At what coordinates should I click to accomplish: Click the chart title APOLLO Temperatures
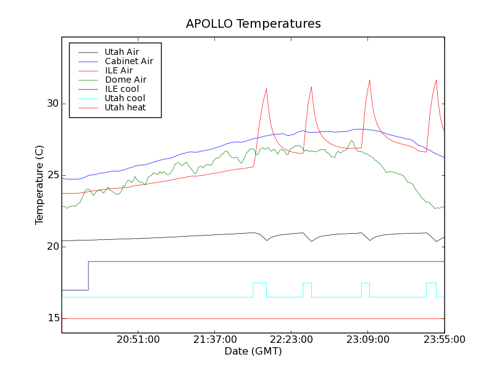tap(253, 24)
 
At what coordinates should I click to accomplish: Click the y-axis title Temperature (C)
tap(40, 185)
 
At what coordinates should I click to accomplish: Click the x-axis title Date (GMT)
tap(253, 351)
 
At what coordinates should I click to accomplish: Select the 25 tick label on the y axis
tap(51, 175)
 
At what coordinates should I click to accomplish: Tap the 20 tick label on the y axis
tap(51, 247)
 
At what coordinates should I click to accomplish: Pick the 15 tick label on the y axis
tap(51, 318)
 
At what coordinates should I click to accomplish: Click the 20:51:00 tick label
tap(138, 340)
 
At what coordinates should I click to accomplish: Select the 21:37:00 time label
tap(215, 340)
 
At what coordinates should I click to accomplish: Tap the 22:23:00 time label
tap(291, 340)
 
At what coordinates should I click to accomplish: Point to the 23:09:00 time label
tap(368, 340)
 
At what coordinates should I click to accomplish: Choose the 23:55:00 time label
tap(445, 340)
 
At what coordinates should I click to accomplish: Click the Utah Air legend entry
tap(122, 52)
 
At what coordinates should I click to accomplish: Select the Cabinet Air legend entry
tap(128, 61)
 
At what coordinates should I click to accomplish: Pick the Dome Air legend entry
tap(125, 80)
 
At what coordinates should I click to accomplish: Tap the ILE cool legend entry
tap(122, 89)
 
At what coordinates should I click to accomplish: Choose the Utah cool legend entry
tap(125, 98)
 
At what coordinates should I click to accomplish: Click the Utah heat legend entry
tap(125, 107)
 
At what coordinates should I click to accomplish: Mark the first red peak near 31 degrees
tap(266, 89)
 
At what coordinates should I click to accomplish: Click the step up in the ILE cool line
tap(88, 276)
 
